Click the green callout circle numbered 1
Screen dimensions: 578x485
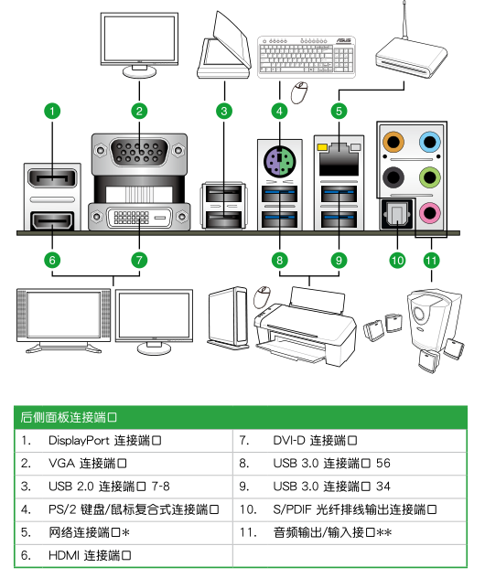(53, 112)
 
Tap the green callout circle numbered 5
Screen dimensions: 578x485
(339, 112)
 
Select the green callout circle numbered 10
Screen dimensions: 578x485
(397, 260)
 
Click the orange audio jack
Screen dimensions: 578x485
(394, 142)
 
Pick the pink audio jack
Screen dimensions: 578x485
(429, 212)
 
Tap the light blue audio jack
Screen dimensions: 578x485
(429, 142)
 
